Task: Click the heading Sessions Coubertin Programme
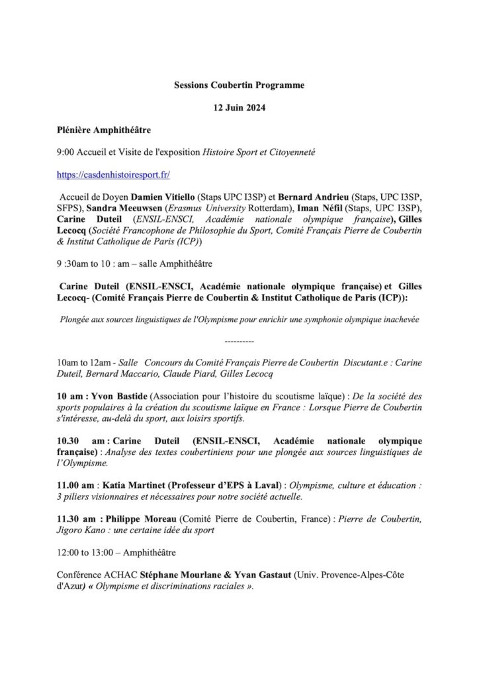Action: [239, 85]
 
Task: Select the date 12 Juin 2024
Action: [239, 108]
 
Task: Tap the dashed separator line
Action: [239, 342]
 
